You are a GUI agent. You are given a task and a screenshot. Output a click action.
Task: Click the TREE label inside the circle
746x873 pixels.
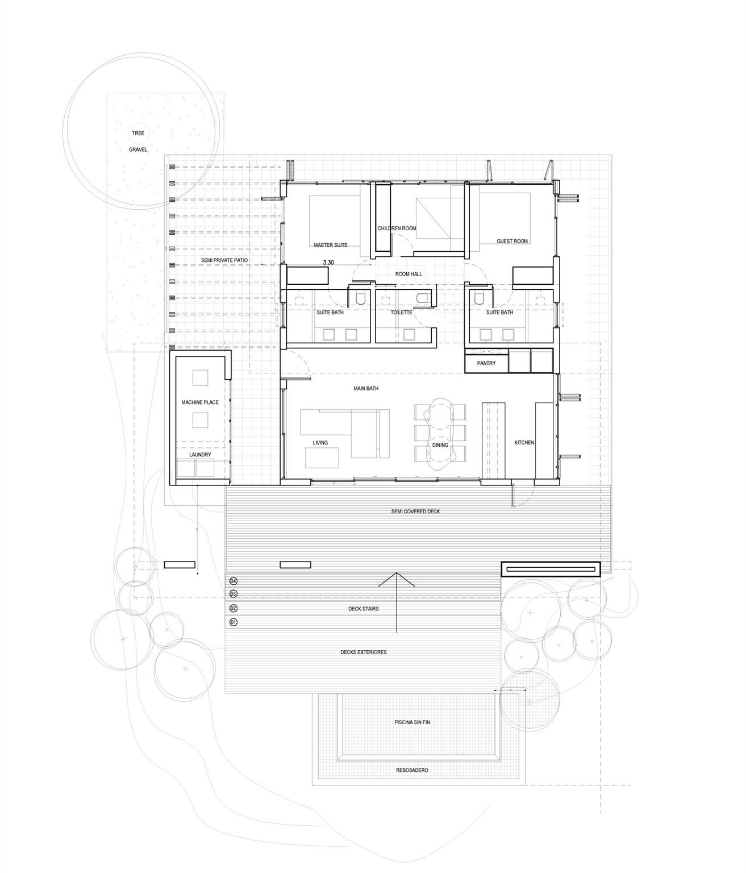click(138, 133)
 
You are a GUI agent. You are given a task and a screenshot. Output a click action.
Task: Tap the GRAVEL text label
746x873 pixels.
click(138, 149)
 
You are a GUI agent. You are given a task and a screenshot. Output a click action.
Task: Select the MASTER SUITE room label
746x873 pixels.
click(331, 246)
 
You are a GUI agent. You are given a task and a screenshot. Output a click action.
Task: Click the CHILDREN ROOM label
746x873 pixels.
click(397, 228)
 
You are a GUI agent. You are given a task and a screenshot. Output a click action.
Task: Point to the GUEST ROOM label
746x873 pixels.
click(512, 242)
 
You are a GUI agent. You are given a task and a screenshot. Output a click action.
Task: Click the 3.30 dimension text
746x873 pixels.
click(328, 263)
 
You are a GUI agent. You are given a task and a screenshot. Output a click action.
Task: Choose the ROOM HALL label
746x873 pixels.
click(409, 274)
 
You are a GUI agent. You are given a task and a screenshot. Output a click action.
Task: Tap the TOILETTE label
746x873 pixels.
click(401, 313)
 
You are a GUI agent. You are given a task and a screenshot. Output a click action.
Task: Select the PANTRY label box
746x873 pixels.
click(486, 363)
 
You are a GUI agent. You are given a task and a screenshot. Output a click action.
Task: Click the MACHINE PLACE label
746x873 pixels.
click(200, 402)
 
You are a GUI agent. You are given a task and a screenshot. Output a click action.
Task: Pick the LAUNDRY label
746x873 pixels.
click(200, 455)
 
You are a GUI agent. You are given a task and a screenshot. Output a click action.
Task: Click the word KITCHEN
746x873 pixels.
click(524, 443)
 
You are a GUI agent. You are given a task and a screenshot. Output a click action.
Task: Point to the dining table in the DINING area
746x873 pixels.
click(440, 432)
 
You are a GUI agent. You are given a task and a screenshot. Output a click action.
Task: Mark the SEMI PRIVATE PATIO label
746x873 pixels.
click(224, 260)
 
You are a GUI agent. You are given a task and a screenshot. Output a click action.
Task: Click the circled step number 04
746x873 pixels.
click(233, 581)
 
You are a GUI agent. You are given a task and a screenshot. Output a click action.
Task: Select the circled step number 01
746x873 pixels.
click(233, 622)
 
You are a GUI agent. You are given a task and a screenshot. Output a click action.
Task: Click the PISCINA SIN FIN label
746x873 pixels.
click(412, 722)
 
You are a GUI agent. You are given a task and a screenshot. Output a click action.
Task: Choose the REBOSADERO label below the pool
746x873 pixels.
click(412, 771)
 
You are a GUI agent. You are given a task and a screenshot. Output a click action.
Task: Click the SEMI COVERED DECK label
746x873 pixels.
click(415, 512)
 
